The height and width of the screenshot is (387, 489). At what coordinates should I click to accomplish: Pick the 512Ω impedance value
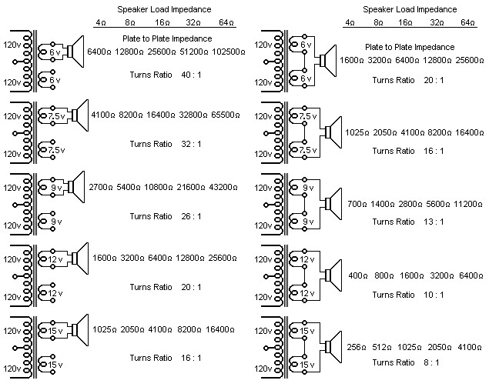[382, 346]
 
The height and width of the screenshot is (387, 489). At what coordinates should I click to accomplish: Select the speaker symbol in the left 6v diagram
[74, 51]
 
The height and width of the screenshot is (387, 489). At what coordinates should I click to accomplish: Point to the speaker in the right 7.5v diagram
[330, 131]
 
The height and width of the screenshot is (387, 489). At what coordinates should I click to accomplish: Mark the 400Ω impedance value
[357, 275]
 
